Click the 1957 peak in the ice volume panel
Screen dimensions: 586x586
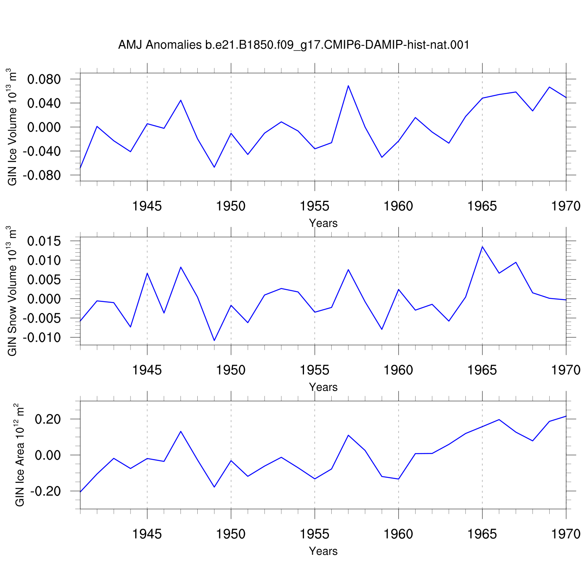point(348,86)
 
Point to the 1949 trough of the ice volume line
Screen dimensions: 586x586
point(214,167)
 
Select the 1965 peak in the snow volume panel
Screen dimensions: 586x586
point(482,247)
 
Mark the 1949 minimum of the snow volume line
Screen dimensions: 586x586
point(214,340)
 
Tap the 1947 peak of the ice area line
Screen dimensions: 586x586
point(181,431)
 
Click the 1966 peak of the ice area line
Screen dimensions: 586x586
point(499,420)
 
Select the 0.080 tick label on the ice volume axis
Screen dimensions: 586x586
point(44,79)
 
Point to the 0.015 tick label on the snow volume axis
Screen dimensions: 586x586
point(44,241)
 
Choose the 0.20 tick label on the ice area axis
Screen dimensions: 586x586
point(48,419)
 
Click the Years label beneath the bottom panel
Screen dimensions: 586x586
point(323,551)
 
